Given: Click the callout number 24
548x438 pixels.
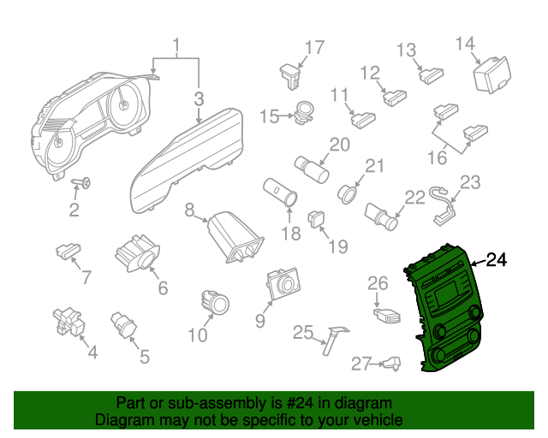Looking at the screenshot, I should pos(497,260).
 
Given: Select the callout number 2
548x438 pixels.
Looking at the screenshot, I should pos(74,210).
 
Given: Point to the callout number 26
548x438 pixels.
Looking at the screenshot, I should pos(378,282).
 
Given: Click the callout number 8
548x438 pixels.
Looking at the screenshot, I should pos(189,208).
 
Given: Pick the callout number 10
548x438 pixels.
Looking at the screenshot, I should pos(197,335).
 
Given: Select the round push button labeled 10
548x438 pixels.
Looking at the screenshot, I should pos(214,302).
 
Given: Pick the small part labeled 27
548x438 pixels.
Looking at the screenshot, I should pos(390,364).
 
